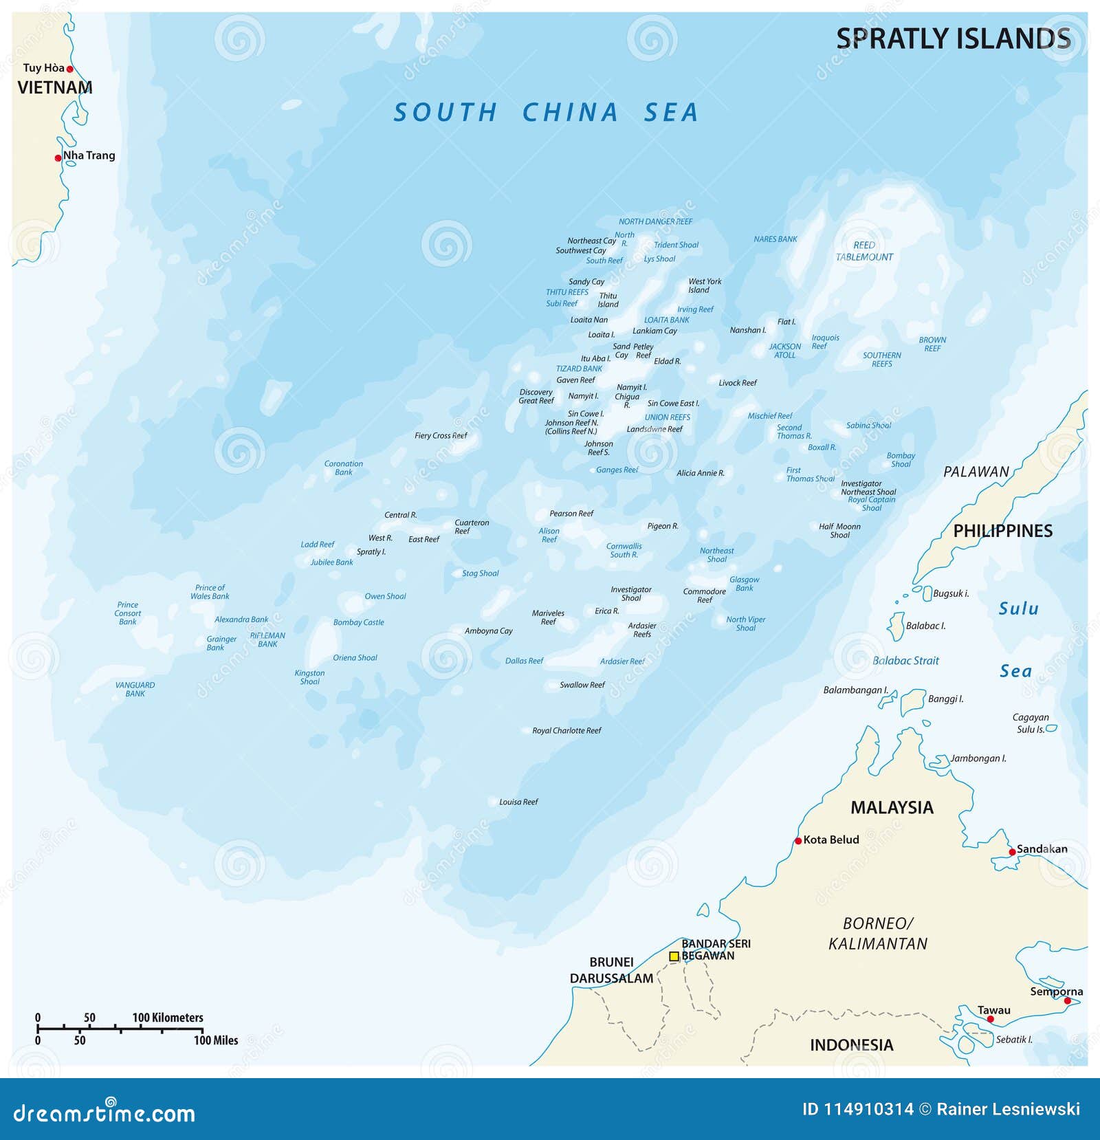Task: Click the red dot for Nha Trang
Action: pos(58,158)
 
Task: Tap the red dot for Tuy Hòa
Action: pos(69,69)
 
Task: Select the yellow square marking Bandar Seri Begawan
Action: pos(674,956)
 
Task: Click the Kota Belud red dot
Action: pos(798,840)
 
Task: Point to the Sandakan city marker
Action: pos(1012,852)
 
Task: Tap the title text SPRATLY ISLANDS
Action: pos(953,39)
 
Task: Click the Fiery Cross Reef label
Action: pos(441,436)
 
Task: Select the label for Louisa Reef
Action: pos(518,802)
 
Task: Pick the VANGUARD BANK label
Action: pos(135,689)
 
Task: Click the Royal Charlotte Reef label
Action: pos(566,731)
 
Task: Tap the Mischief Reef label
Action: pos(770,416)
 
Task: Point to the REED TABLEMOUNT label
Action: pos(864,251)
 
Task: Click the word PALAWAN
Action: pos(976,472)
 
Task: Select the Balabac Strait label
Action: pos(905,661)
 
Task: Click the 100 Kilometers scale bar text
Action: pos(168,1018)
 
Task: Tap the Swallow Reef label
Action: pos(582,685)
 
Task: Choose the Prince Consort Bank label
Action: pos(128,613)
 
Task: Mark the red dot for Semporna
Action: pos(1067,1001)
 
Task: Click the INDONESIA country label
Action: pos(851,1045)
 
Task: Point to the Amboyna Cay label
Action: pos(488,631)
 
